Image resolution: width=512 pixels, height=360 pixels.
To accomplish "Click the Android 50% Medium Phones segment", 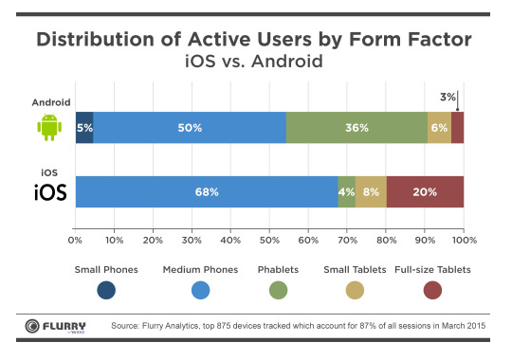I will point(190,127).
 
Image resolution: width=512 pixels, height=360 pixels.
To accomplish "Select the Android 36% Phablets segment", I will point(357,127).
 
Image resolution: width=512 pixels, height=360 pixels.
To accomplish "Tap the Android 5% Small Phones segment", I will point(84,127).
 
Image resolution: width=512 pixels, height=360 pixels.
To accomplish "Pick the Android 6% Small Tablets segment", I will point(439,127).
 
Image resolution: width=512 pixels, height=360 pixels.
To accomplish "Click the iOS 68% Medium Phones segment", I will point(207,191).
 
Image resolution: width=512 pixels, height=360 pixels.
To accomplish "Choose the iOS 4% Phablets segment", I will point(347,191).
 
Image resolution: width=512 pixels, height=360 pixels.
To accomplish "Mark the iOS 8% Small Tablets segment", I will point(371,191).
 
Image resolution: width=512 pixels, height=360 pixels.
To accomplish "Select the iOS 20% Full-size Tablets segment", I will point(425,191).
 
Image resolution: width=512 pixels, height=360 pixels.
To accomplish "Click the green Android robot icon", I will point(48,126).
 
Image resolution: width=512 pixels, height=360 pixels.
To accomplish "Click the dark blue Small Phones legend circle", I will point(106,290).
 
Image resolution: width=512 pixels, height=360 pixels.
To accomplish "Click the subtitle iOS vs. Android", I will point(256,63).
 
